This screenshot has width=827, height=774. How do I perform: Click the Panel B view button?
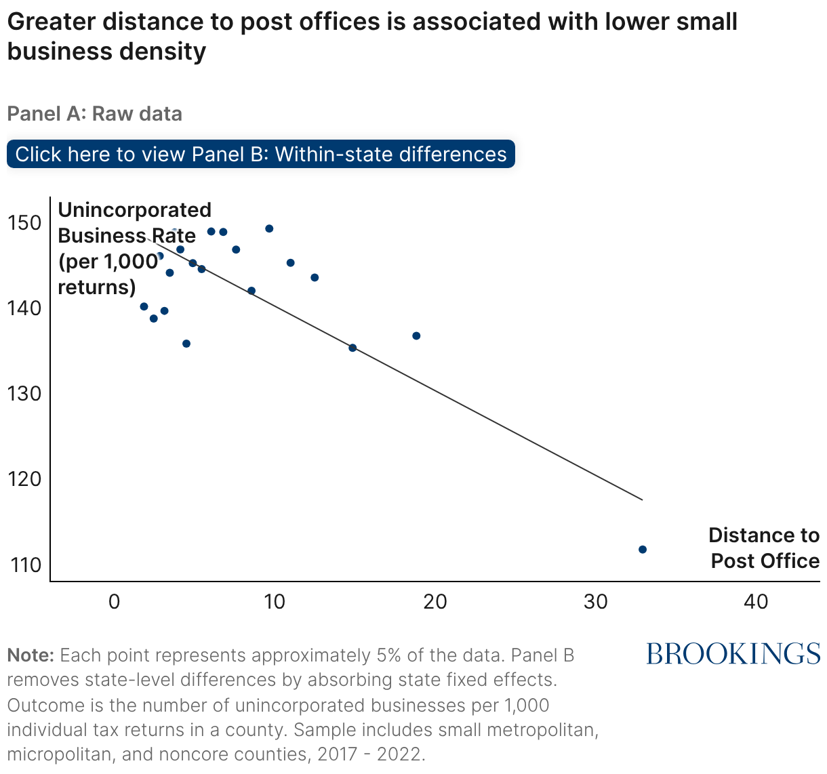(261, 154)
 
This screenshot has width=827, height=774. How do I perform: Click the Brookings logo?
(733, 654)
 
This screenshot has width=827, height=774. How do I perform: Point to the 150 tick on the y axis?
(25, 222)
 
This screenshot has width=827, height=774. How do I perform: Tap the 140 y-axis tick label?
(25, 308)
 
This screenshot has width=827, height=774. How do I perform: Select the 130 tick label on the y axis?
(25, 393)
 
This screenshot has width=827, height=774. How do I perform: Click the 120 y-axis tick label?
(25, 478)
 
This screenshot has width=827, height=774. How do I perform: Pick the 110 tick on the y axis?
(25, 564)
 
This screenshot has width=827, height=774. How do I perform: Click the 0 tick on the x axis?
(114, 601)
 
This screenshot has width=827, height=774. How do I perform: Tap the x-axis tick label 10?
(274, 601)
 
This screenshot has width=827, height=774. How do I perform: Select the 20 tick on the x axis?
(435, 601)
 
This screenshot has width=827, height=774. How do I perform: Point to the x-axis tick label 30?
(595, 601)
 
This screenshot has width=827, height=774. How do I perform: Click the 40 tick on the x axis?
(756, 601)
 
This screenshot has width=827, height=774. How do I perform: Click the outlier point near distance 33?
(643, 549)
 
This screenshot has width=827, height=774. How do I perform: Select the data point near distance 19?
(416, 335)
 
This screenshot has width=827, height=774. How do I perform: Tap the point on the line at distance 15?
(352, 348)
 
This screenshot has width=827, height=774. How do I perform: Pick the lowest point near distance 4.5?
(186, 344)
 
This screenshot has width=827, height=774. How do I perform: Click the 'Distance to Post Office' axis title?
(764, 548)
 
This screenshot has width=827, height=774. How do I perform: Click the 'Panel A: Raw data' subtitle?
(94, 113)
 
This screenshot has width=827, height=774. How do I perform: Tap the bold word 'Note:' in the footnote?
(31, 655)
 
